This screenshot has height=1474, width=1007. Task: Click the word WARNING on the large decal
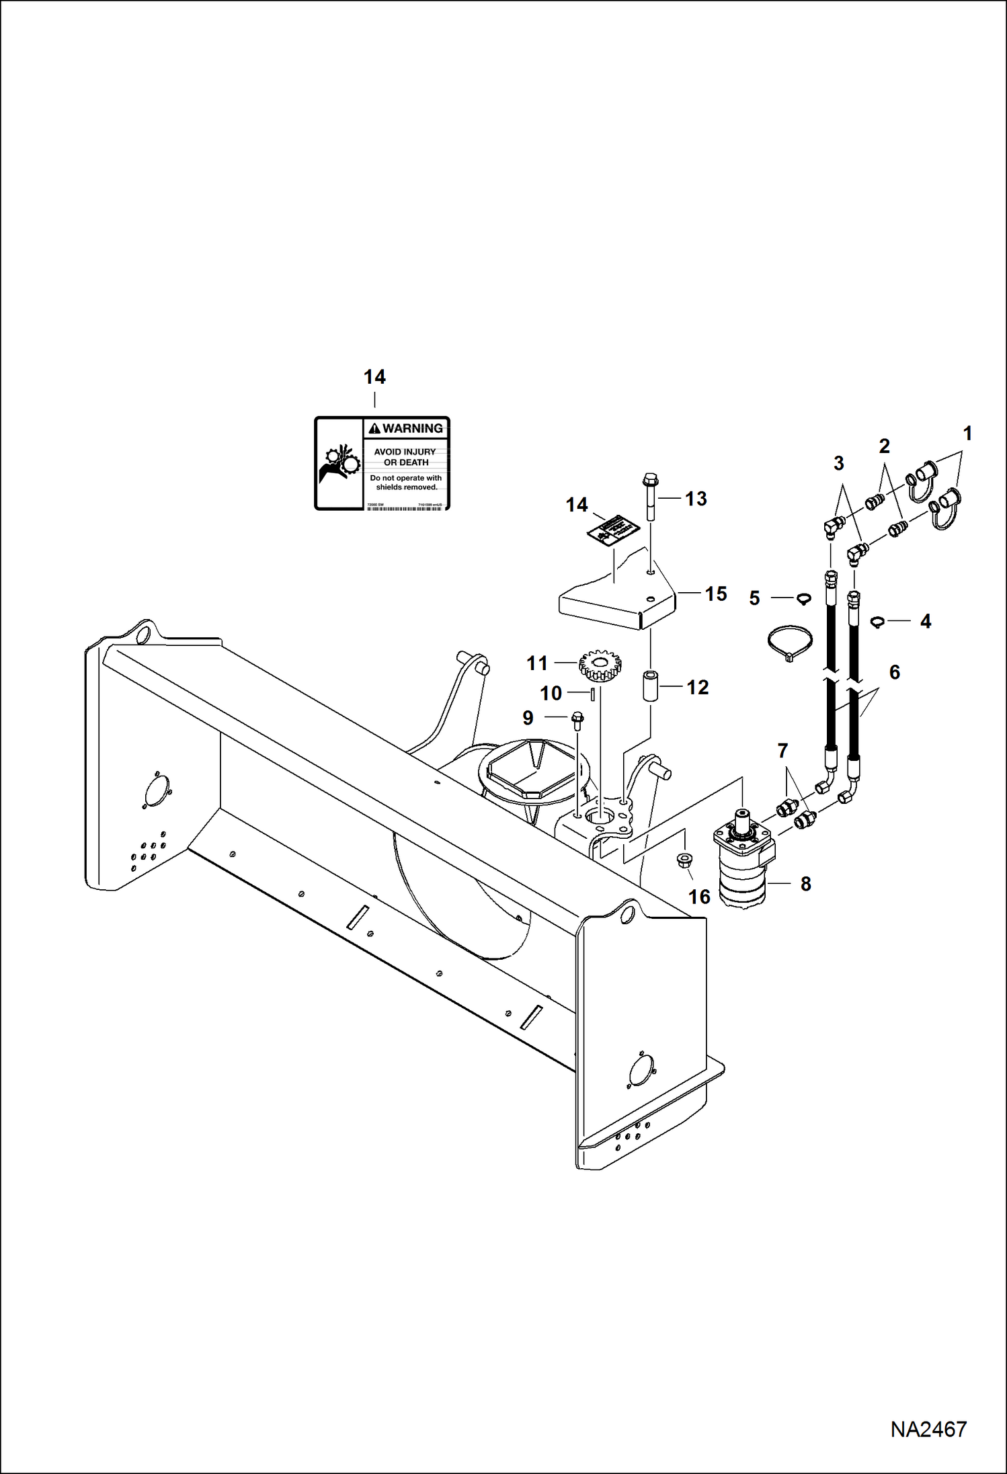[412, 428]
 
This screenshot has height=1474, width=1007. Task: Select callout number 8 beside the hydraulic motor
[806, 884]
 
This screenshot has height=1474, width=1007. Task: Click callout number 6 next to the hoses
[894, 672]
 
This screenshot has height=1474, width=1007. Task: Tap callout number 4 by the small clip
[925, 622]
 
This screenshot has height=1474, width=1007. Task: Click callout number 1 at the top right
[967, 434]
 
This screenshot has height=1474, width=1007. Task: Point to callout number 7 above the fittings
[782, 751]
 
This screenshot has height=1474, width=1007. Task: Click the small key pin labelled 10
[592, 693]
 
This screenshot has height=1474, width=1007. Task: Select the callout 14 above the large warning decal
[374, 377]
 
